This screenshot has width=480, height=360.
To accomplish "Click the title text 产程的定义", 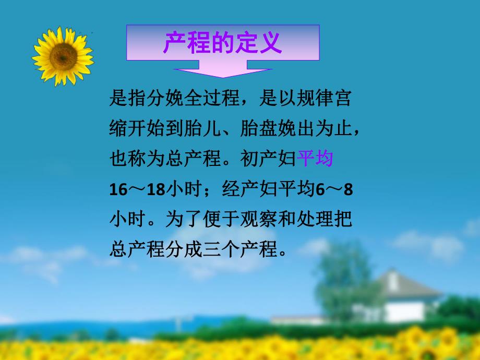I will (x=223, y=43).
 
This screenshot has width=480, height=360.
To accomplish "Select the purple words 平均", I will (x=315, y=159).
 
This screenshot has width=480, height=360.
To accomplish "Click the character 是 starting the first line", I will (x=118, y=99).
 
